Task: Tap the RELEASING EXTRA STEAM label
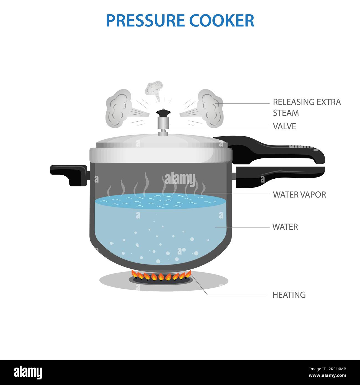tap(307, 107)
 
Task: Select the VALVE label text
tap(284, 126)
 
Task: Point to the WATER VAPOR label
tap(299, 195)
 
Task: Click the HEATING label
tap(289, 295)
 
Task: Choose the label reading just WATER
tap(285, 227)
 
